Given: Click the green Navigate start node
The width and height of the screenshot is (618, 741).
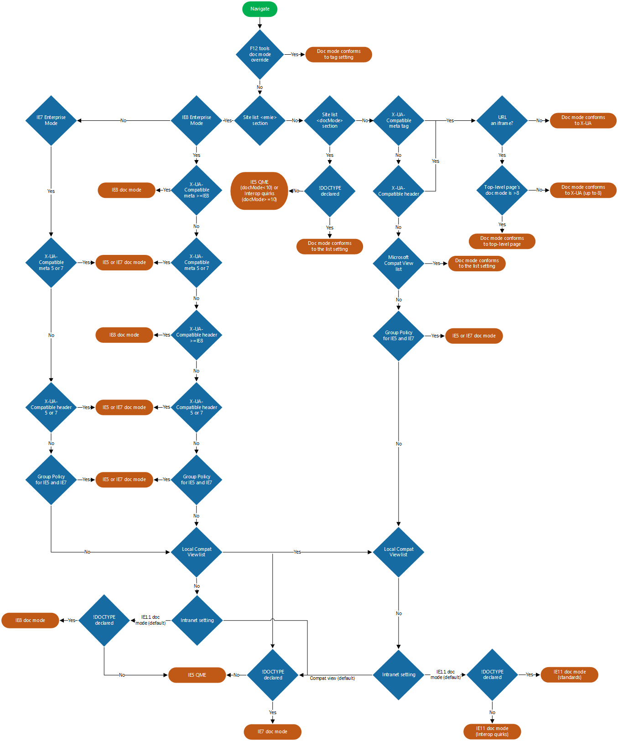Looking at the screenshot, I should (260, 9).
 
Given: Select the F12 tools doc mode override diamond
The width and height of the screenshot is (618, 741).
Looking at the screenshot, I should (260, 54).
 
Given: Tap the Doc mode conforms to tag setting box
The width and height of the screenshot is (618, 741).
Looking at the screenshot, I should (338, 54).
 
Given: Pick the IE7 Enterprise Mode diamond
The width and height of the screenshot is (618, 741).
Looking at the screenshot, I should (51, 120).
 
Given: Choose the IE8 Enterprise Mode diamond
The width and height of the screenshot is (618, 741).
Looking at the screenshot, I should (197, 120).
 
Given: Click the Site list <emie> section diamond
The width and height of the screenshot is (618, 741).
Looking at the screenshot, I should (260, 120).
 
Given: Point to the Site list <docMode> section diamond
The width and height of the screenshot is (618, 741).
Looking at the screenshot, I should (330, 120).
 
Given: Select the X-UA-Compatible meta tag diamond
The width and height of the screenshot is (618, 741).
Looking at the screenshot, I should (399, 120).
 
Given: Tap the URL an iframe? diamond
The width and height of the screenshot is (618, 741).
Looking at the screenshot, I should (502, 120).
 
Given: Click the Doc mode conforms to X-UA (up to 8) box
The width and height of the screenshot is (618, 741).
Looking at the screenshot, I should (583, 190).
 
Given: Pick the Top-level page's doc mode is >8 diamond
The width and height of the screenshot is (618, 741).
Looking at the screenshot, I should (502, 190).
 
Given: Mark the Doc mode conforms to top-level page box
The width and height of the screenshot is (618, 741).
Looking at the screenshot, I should (502, 241).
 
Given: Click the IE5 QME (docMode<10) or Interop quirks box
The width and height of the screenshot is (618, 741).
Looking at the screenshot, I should (260, 191).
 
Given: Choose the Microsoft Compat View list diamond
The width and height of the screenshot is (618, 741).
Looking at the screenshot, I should (399, 263).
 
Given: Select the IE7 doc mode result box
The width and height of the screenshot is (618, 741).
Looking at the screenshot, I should (272, 731).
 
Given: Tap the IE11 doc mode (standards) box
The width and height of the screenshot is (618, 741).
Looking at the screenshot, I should (569, 674).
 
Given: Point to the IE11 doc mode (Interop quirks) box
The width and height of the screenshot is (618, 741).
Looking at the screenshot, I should (492, 731).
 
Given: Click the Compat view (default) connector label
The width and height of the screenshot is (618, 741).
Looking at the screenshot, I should (332, 678).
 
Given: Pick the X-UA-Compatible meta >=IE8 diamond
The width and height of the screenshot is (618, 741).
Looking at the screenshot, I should (197, 190).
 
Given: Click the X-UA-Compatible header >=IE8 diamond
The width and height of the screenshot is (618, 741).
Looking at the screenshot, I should (197, 335).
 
